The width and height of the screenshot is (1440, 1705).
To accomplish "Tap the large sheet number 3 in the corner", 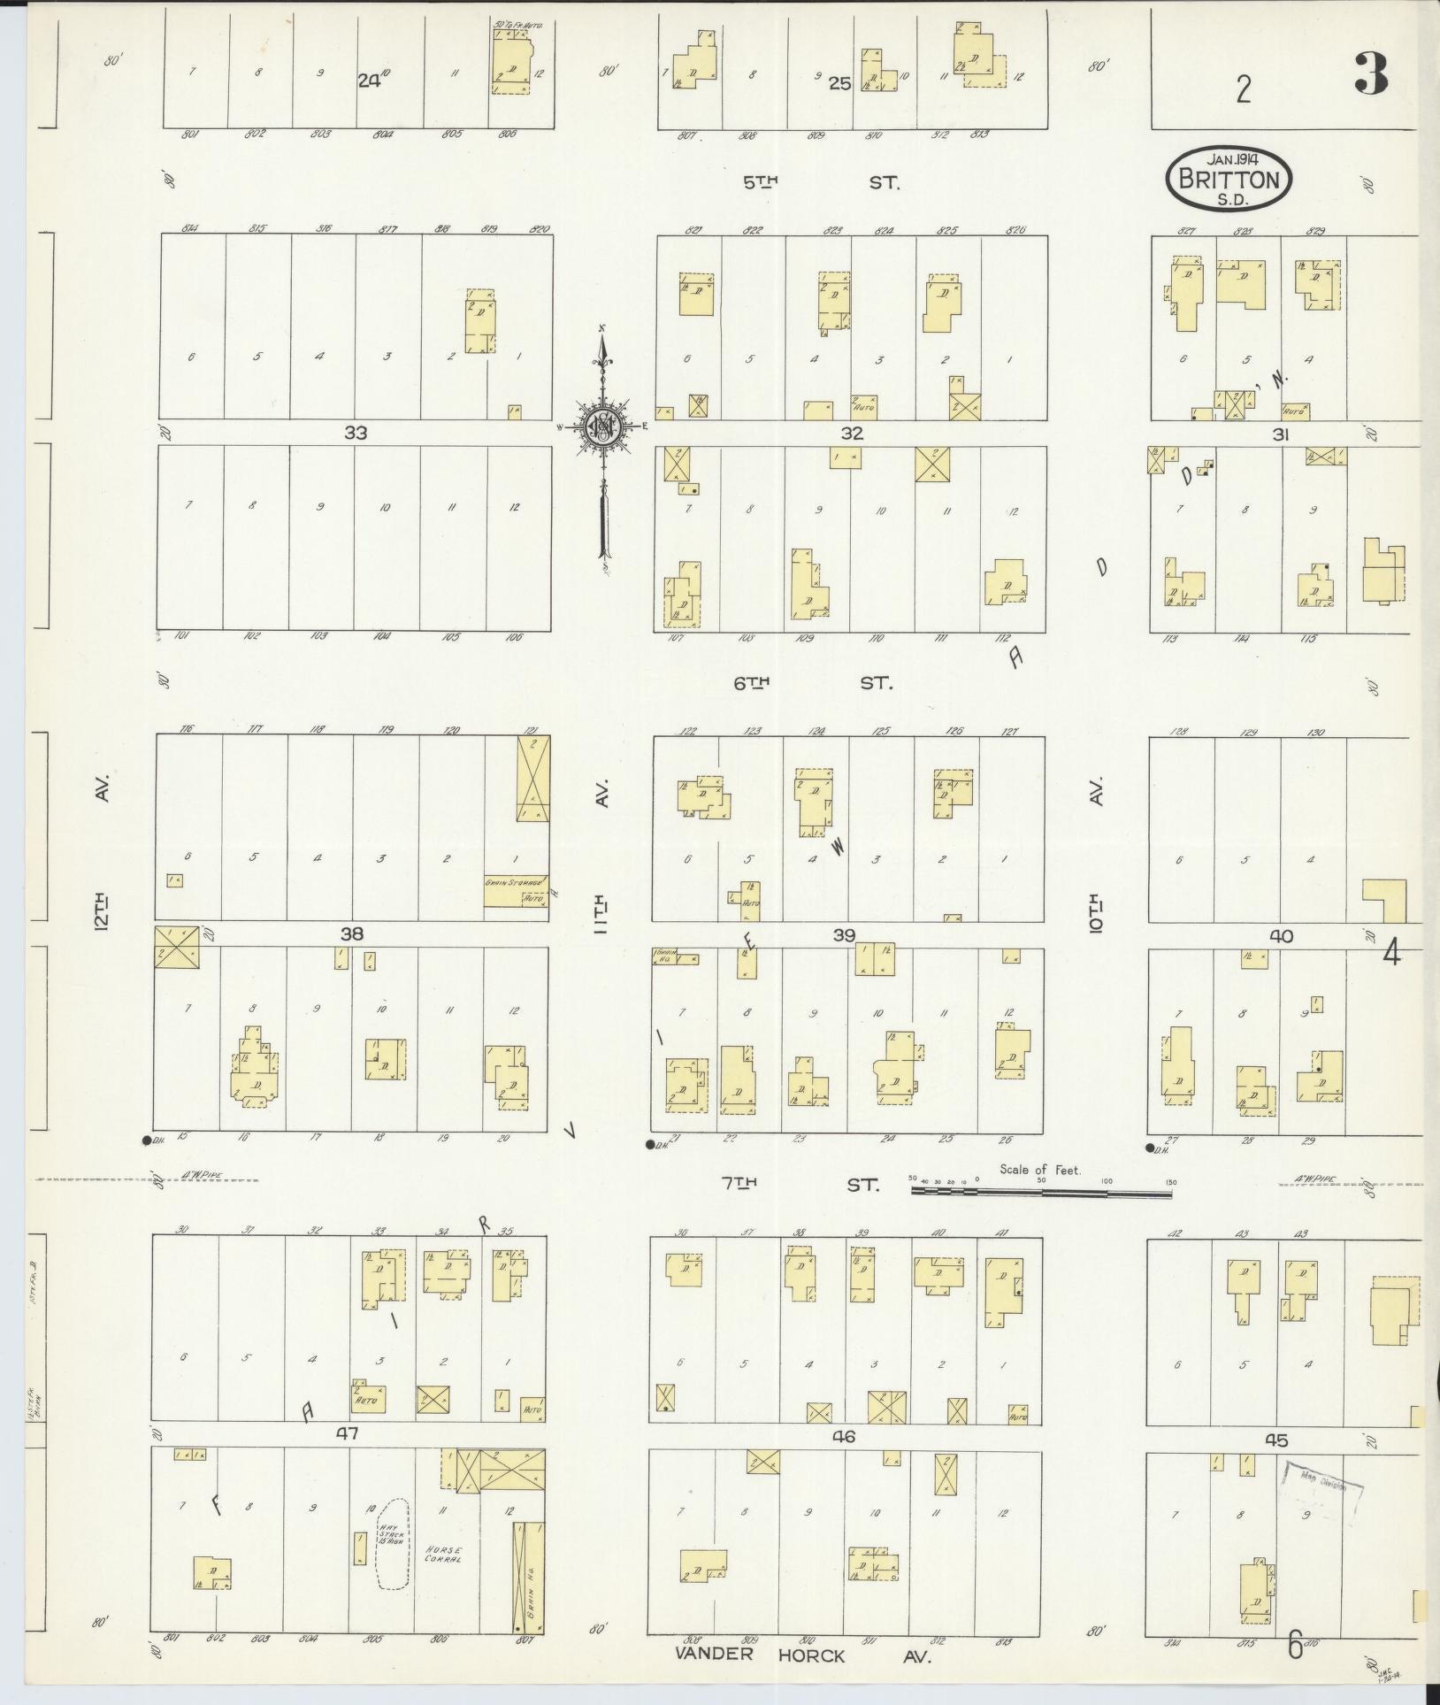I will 1371,75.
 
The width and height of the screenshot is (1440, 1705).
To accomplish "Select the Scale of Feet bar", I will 1041,1194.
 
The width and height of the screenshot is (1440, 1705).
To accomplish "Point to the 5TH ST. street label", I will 820,183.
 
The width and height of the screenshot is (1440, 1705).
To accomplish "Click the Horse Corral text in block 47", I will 442,1555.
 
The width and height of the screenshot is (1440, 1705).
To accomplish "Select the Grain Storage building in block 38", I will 516,890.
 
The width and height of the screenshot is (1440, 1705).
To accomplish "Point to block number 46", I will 844,1437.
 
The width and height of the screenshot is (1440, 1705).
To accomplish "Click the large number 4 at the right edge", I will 1391,953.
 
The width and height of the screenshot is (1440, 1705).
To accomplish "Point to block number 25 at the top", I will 839,84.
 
